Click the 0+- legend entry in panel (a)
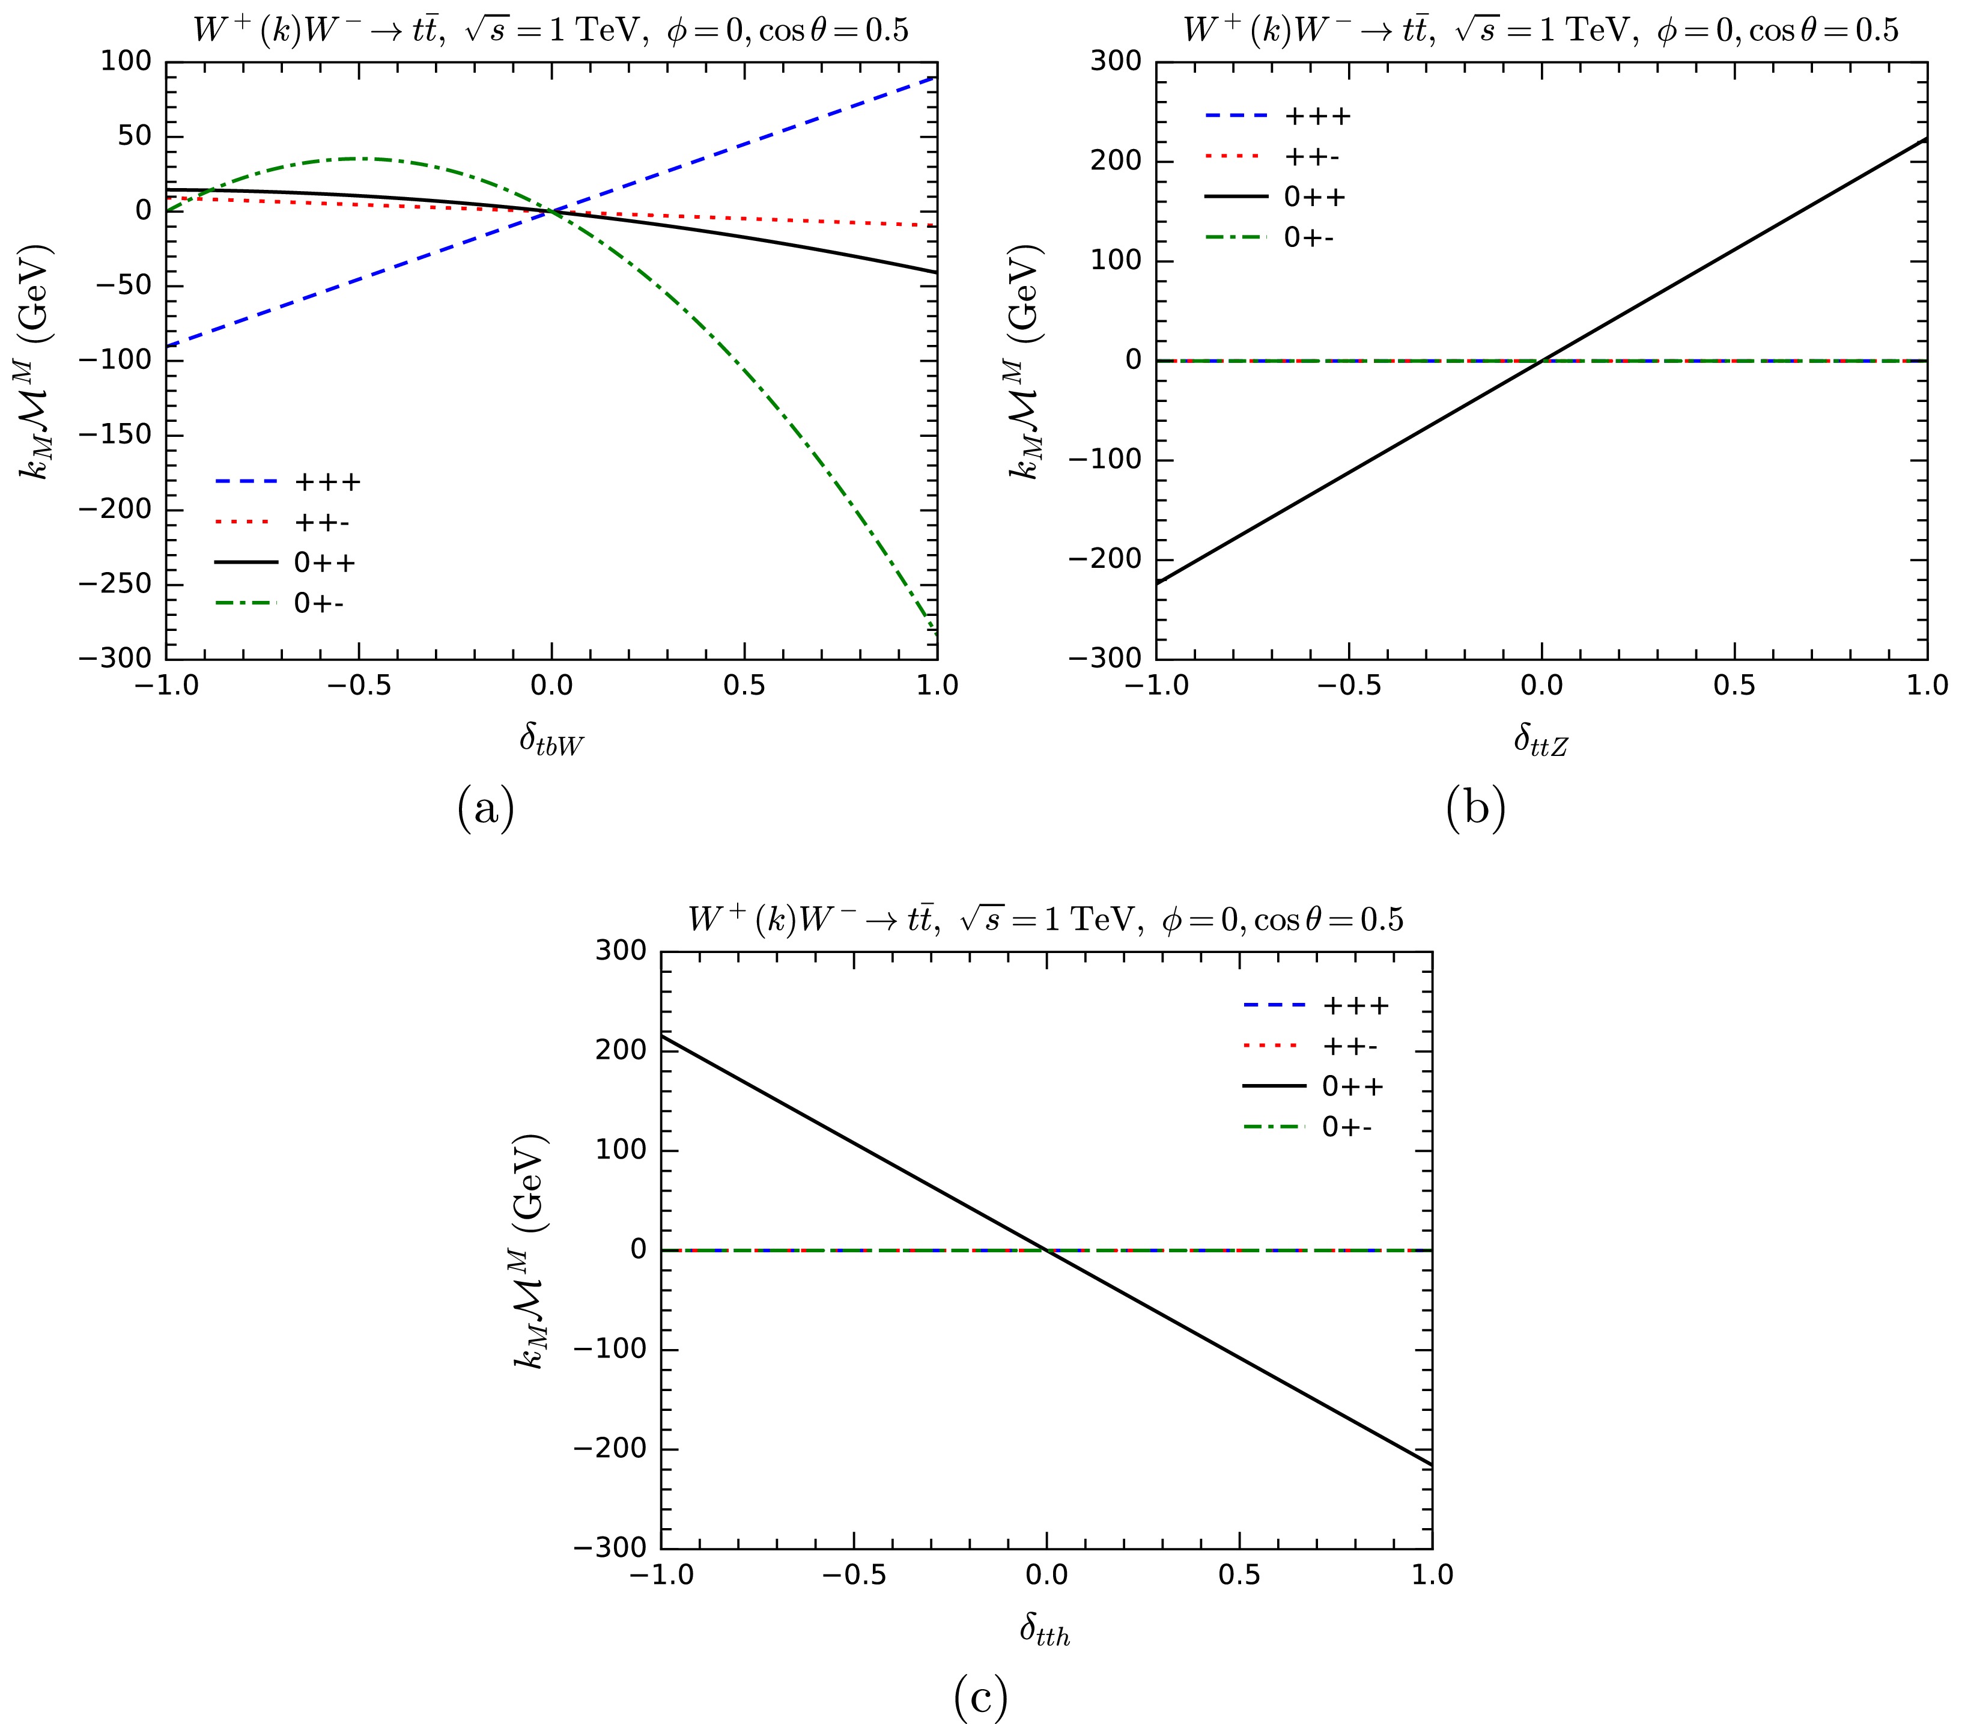318,604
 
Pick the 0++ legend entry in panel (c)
1352,1086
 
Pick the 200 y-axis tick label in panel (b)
1116,161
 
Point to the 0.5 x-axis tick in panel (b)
1734,684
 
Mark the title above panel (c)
1045,919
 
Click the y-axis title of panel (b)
1027,360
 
